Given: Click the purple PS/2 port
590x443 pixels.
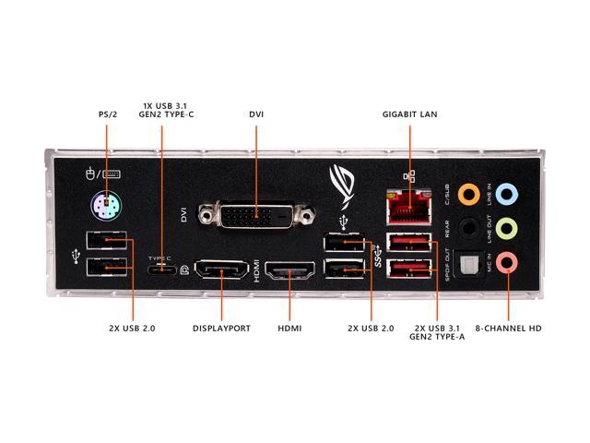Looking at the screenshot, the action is pyautogui.click(x=107, y=204).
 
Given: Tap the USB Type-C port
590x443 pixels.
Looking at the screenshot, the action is pyautogui.click(x=163, y=269).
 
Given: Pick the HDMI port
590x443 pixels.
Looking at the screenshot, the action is pyautogui.click(x=290, y=271).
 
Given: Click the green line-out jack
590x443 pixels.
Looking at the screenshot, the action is pyautogui.click(x=505, y=228).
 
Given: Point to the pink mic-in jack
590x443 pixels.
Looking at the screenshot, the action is pyautogui.click(x=505, y=263).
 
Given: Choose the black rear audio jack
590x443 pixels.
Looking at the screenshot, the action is pyautogui.click(x=469, y=228).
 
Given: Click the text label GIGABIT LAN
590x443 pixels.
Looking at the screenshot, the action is pyautogui.click(x=409, y=114).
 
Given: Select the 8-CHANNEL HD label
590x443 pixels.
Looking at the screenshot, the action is pyautogui.click(x=507, y=328).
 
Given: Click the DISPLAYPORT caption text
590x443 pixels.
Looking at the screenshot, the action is pyautogui.click(x=221, y=328).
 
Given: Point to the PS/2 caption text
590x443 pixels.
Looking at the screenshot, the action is pyautogui.click(x=108, y=114).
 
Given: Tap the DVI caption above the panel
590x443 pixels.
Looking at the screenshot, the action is pyautogui.click(x=256, y=114).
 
